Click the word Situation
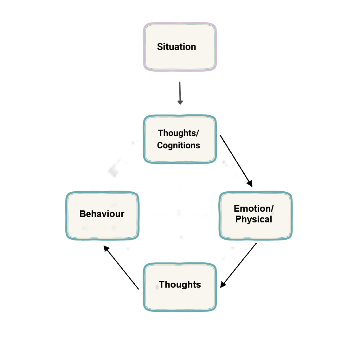pyautogui.click(x=176, y=47)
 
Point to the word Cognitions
pyautogui.click(x=179, y=145)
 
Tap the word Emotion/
pyautogui.click(x=254, y=208)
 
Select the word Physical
pyautogui.click(x=254, y=219)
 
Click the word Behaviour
pyautogui.click(x=102, y=214)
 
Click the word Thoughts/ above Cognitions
pyautogui.click(x=179, y=133)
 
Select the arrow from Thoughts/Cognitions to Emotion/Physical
pyautogui.click(x=236, y=160)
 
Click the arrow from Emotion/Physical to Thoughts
pyautogui.click(x=239, y=264)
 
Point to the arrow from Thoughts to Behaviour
pyautogui.click(x=122, y=268)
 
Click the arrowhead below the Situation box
pyautogui.click(x=180, y=102)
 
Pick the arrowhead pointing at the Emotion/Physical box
pyautogui.click(x=250, y=184)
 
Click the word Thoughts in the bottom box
pyautogui.click(x=180, y=284)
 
